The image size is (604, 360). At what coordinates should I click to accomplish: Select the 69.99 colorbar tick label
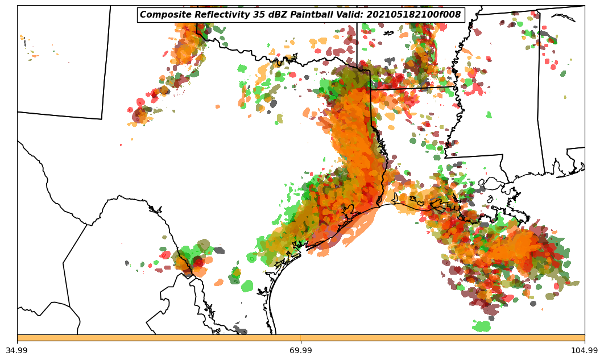(x=301, y=350)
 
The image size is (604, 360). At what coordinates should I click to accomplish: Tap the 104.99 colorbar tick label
(x=584, y=350)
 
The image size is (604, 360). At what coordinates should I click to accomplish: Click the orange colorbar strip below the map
(x=301, y=338)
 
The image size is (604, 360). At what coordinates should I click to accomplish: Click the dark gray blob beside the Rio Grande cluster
(x=218, y=250)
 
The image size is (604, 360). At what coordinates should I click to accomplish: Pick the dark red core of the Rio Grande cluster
(x=197, y=262)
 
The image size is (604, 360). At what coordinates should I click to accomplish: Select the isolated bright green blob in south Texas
(x=247, y=286)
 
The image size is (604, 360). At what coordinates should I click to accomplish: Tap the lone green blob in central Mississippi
(x=489, y=114)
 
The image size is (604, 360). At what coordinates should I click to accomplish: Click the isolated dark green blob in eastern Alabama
(x=563, y=73)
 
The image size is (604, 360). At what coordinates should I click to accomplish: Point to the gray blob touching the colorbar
(x=241, y=330)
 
